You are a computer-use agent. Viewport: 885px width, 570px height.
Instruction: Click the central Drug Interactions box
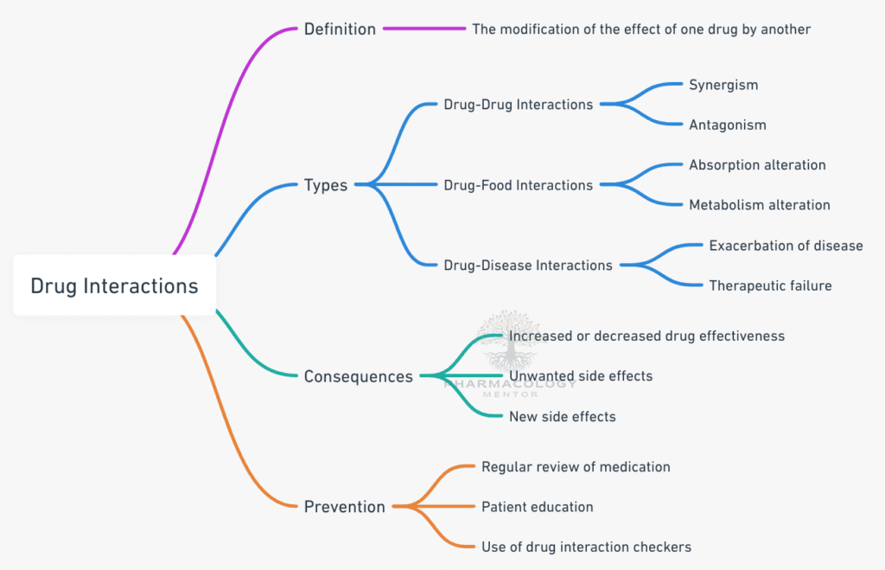[114, 285]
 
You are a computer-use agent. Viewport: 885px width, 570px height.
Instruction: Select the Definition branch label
[340, 29]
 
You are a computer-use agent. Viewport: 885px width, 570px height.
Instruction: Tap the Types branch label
[325, 185]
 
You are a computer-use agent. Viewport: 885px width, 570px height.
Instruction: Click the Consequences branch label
[358, 376]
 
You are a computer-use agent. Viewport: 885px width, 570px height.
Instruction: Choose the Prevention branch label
[344, 507]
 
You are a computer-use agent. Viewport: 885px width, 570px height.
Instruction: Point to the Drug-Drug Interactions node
[518, 105]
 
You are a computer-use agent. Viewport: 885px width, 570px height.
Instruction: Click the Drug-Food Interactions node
[518, 185]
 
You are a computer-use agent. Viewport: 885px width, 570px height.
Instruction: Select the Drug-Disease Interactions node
[527, 266]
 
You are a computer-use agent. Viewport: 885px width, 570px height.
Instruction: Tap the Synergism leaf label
[723, 85]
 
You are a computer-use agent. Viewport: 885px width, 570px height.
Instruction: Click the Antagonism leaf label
[727, 125]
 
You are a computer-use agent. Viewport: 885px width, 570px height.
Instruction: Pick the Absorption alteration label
[757, 165]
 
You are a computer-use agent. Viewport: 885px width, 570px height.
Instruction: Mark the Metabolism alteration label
[759, 205]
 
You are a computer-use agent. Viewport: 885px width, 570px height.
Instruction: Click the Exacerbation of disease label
[786, 246]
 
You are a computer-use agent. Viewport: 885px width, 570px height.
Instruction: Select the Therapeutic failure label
[770, 285]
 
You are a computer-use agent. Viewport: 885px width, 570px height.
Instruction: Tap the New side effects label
[562, 417]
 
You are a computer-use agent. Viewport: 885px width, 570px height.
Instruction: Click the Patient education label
[537, 507]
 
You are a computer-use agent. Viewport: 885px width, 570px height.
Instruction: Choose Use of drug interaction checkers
[586, 547]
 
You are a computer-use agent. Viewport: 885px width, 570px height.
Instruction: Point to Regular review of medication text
[576, 467]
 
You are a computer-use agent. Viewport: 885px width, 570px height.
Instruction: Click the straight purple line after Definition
[424, 29]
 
